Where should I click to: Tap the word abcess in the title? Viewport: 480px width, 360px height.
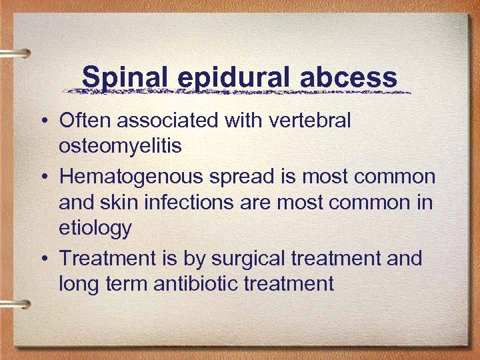[x=349, y=79]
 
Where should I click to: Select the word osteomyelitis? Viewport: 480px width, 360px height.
[x=120, y=146]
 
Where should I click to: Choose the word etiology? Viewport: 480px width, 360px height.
[x=95, y=228]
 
